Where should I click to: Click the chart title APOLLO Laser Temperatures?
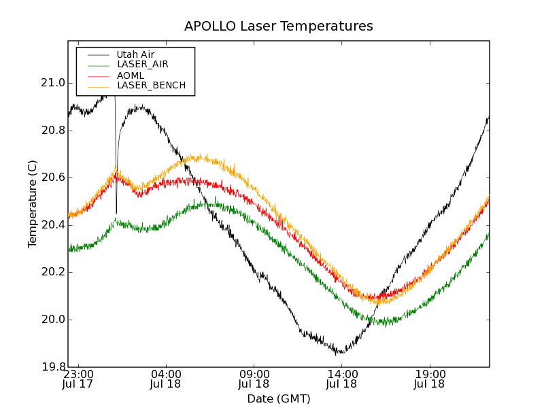(278, 27)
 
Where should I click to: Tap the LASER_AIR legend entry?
(142, 65)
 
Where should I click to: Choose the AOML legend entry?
(130, 75)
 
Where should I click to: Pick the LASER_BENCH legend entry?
(151, 86)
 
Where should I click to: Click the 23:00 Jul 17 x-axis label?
(78, 379)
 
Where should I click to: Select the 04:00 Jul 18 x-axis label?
(166, 379)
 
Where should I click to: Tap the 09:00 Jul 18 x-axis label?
(254, 379)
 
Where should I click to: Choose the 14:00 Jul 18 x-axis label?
(342, 379)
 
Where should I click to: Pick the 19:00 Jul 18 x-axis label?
(430, 379)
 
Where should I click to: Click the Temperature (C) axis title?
(33, 204)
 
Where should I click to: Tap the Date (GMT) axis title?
(278, 398)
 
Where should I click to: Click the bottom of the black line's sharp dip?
(116, 213)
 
